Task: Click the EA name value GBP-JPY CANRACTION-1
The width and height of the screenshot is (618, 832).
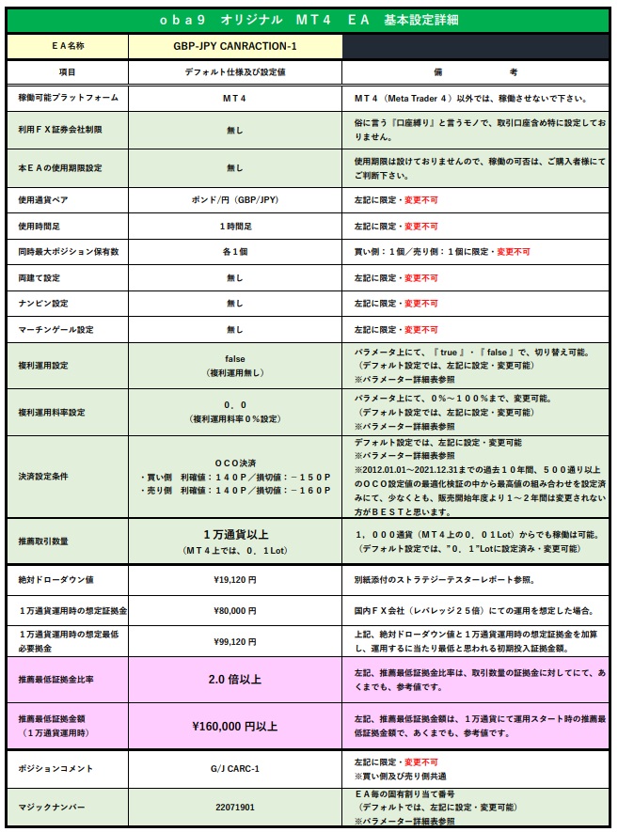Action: (x=234, y=45)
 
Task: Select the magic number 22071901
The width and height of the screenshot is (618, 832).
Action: (x=234, y=807)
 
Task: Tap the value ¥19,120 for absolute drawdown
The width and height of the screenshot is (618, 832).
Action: (x=234, y=580)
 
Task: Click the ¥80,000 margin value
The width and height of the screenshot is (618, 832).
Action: (x=234, y=610)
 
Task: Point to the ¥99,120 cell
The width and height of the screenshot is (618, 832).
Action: (x=234, y=642)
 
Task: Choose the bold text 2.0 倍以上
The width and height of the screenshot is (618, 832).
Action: (x=234, y=679)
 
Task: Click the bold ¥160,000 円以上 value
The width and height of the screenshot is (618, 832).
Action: (x=234, y=725)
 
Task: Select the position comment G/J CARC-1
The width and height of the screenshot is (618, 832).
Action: (x=234, y=769)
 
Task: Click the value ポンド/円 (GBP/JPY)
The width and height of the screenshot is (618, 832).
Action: (x=234, y=201)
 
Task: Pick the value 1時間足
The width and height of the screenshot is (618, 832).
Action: (x=234, y=227)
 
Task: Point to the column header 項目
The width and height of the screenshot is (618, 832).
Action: (x=67, y=72)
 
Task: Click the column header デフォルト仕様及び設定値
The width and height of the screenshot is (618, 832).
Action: (x=234, y=72)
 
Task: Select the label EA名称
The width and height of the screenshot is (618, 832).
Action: (x=67, y=45)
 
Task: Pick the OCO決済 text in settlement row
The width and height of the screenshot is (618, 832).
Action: (x=234, y=463)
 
